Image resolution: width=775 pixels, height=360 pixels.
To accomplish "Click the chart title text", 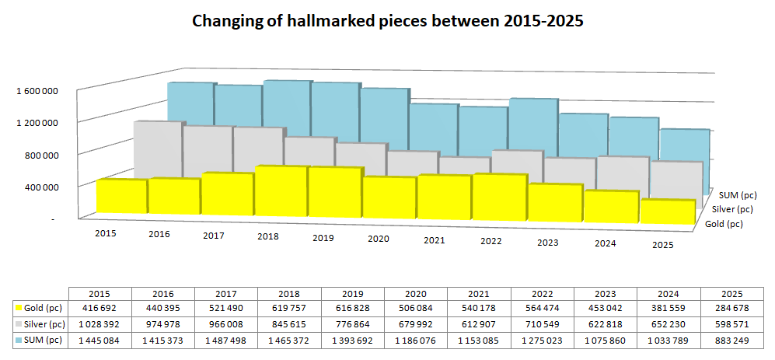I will pyautogui.click(x=387, y=22).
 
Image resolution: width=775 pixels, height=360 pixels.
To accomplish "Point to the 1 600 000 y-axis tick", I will pyautogui.click(x=37, y=91).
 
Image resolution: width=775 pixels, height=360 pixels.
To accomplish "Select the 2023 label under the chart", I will pyautogui.click(x=547, y=242).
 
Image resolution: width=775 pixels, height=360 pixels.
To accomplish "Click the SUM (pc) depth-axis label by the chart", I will pyautogui.click(x=738, y=194).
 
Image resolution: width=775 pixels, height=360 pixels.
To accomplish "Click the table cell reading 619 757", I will pyautogui.click(x=289, y=309).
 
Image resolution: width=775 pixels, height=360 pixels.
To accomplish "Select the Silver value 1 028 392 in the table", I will pyautogui.click(x=99, y=323).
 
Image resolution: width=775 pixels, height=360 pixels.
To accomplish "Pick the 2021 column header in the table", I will pyautogui.click(x=479, y=294).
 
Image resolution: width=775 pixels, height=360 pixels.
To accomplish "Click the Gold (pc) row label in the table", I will pyautogui.click(x=42, y=309).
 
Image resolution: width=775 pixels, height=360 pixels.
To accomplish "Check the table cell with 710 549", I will pyautogui.click(x=542, y=323).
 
